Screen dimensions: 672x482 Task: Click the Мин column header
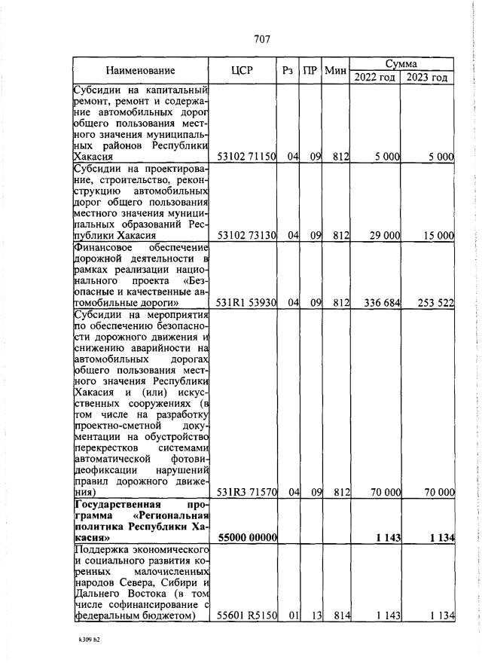pyautogui.click(x=336, y=72)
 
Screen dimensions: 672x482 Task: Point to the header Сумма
pyautogui.click(x=402, y=65)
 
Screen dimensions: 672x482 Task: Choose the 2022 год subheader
pyautogui.click(x=376, y=78)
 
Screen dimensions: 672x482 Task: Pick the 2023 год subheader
pyautogui.click(x=428, y=78)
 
